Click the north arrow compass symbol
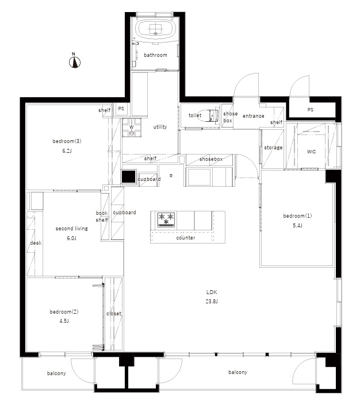click(75, 61)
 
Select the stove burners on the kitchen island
click(166, 219)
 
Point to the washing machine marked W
click(132, 128)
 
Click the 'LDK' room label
click(212, 292)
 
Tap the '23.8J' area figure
click(212, 301)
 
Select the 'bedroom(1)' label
click(297, 215)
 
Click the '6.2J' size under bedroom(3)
click(67, 151)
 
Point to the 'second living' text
click(72, 229)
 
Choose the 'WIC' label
click(311, 152)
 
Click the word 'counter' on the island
click(186, 238)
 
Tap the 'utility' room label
click(160, 127)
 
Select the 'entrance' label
click(254, 116)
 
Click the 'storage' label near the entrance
click(273, 148)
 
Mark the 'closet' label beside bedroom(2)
click(114, 314)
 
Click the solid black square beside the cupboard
click(129, 177)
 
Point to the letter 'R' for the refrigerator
click(171, 176)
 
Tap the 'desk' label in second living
click(36, 243)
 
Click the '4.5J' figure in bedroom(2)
click(64, 321)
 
